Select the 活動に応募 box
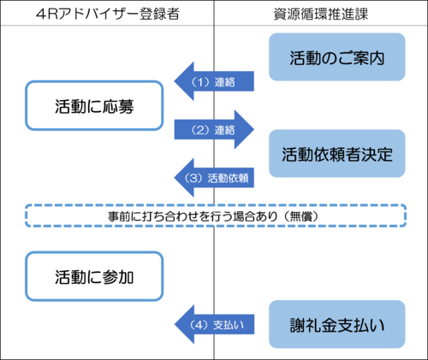pos(94,107)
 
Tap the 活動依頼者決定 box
pos(336,154)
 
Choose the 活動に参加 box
pos(94,276)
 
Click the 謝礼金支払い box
pos(336,324)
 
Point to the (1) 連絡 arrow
pos(214,81)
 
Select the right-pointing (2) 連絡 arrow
pos(214,130)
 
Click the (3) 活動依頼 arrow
pos(214,179)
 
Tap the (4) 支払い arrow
pos(214,324)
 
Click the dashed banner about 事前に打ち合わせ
pos(214,217)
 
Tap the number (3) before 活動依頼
pos(193,179)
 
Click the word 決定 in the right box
pos(377,154)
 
